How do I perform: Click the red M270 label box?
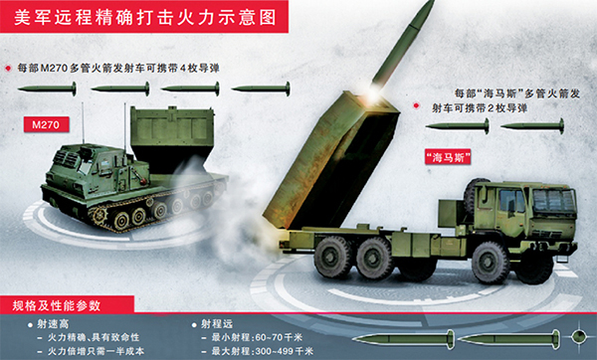[x=47, y=124]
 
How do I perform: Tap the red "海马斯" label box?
[x=448, y=157]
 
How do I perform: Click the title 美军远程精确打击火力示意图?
[x=144, y=18]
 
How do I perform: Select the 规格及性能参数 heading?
[x=57, y=305]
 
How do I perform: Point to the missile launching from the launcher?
[x=403, y=43]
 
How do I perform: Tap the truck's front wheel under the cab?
[x=491, y=263]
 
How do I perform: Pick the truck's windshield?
[x=554, y=201]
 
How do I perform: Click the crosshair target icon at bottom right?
[x=579, y=336]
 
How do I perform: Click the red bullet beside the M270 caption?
[x=8, y=69]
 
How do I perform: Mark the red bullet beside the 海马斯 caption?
[x=417, y=105]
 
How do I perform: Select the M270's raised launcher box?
[x=172, y=137]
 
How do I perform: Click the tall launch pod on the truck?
[x=331, y=162]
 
